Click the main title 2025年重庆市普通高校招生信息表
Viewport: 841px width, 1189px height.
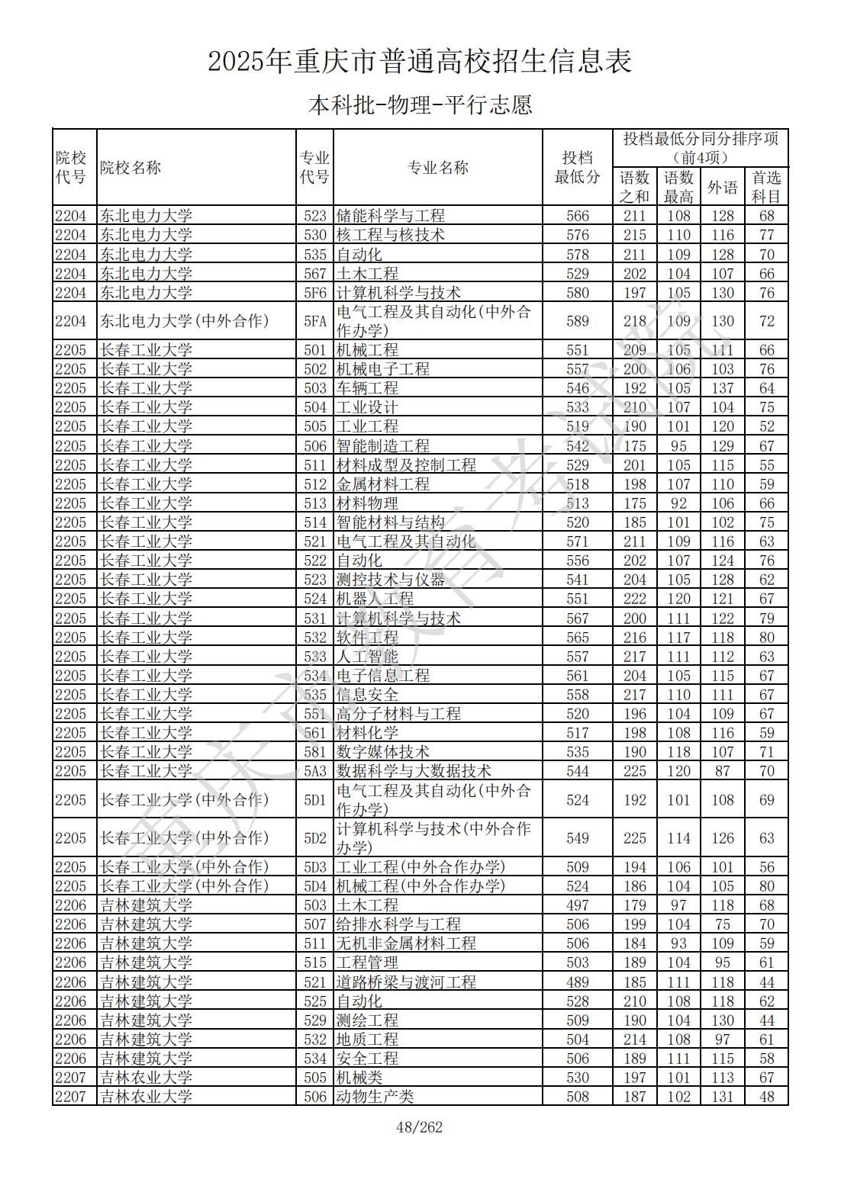pos(420,61)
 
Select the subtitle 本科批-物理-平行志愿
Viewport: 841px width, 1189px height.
pos(420,104)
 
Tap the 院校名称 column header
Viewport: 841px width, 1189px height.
pos(130,168)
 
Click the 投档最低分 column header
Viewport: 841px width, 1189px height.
pos(577,168)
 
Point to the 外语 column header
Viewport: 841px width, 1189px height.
pos(722,187)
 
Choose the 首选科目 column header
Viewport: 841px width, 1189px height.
pos(766,187)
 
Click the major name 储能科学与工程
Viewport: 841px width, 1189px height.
pos(390,216)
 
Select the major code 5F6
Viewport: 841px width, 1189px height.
pos(314,293)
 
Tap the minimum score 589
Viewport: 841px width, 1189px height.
pos(577,321)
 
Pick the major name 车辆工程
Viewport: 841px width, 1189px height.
pos(367,388)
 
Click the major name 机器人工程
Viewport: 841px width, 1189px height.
pos(375,599)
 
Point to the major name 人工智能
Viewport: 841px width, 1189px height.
pos(367,657)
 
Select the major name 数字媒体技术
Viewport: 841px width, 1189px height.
pos(382,752)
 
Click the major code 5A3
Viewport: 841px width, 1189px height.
pos(314,771)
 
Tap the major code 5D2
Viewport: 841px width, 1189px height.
pos(314,838)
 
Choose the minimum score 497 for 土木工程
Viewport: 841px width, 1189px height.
pos(577,905)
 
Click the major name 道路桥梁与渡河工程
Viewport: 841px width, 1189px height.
pos(405,982)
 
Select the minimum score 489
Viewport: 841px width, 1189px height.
pos(577,982)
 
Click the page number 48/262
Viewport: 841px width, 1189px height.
pos(420,1127)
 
